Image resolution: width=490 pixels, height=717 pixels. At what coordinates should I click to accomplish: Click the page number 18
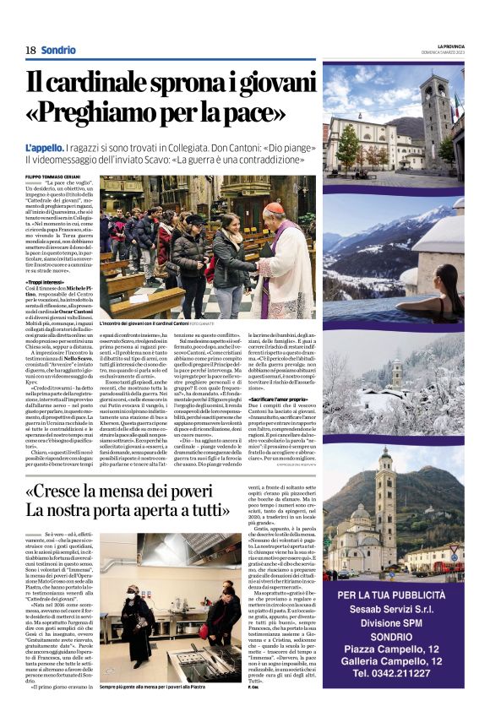pyautogui.click(x=30, y=50)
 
